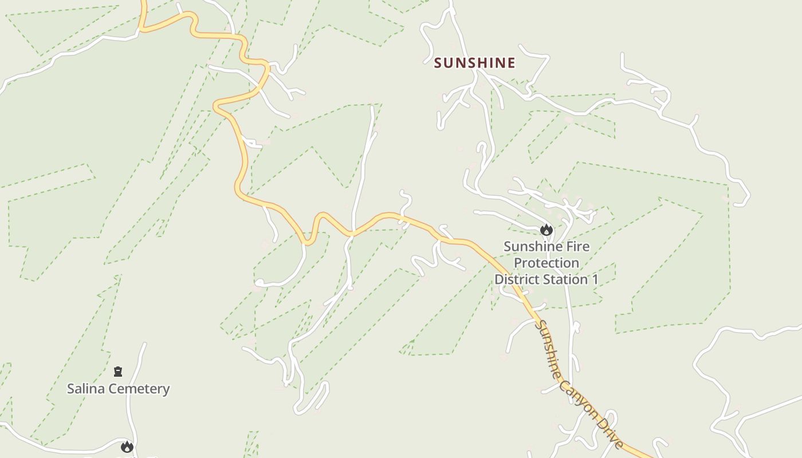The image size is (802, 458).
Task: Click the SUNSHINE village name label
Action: tap(474, 63)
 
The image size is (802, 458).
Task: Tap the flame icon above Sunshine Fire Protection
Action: tap(546, 230)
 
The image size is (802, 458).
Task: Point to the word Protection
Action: tap(546, 263)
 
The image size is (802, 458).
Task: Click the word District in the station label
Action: tap(517, 279)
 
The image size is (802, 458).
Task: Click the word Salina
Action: tap(86, 389)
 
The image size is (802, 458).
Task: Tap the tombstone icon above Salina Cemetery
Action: tap(118, 372)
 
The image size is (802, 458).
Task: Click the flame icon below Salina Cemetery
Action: tap(127, 447)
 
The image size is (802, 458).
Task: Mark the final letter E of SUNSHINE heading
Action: tap(511, 63)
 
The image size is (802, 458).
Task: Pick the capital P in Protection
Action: tap(517, 263)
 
